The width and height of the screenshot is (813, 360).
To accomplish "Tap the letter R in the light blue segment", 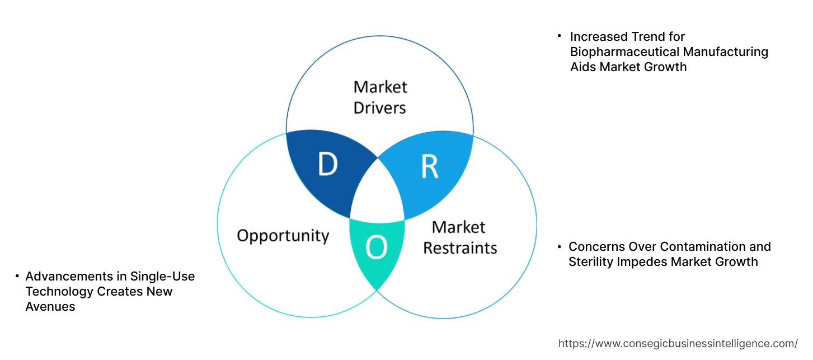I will coord(430,166).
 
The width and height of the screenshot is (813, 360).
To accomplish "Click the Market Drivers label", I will coord(380,97).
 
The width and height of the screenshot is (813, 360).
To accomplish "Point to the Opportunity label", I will coord(283,235).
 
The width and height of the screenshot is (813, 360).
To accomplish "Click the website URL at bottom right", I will coord(678,343).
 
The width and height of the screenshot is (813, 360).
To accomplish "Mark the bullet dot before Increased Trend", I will coord(559,36).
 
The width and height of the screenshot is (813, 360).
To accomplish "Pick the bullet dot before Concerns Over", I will coord(559,246).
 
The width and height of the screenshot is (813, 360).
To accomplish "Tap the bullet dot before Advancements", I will coord(17,276).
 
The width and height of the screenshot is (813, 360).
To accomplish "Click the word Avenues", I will coord(50,307).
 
